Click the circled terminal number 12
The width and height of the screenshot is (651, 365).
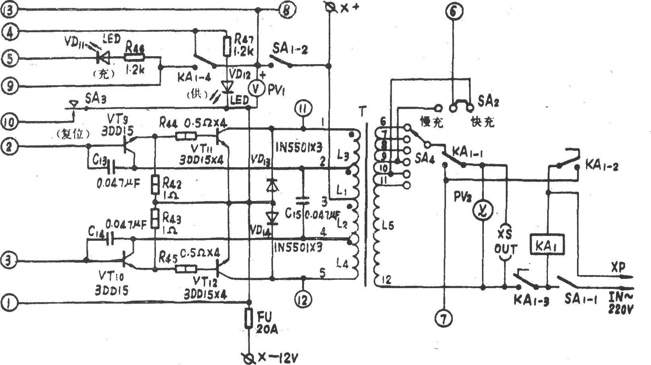pos(304,299)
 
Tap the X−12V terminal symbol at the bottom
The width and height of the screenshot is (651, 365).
pos(249,357)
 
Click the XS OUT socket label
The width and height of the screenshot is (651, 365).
pos(505,244)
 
